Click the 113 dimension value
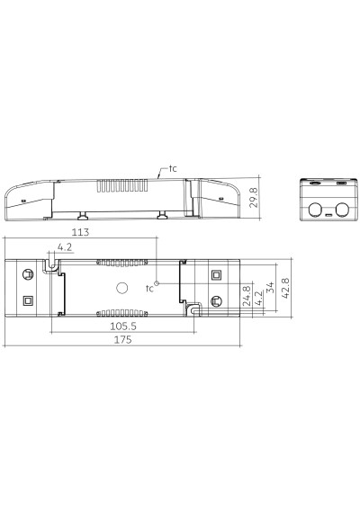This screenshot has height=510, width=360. [x=80, y=232]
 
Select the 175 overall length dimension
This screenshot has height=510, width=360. [x=122, y=340]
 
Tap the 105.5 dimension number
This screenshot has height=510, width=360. [x=123, y=326]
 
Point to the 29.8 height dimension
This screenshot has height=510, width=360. [x=254, y=197]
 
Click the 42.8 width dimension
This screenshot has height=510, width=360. [x=285, y=288]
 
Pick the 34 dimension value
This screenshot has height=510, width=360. [x=270, y=288]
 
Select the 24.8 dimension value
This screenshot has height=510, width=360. [x=247, y=296]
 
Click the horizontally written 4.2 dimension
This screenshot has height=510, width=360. [x=65, y=247]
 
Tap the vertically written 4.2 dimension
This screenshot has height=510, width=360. [x=257, y=299]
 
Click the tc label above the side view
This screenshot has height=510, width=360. [x=173, y=168]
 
